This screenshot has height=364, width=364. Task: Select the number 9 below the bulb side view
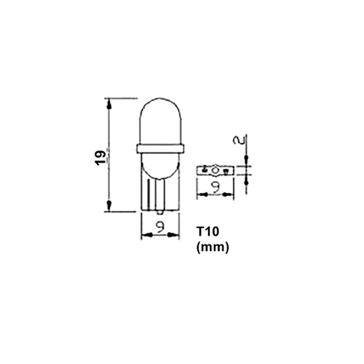[160, 227]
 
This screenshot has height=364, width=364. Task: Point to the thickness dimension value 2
[240, 140]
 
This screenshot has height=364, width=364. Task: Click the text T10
[207, 233]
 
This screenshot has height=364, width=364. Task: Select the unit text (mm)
[209, 247]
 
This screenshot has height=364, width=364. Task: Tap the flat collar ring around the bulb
[161, 147]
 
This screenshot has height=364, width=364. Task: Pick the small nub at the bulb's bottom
[160, 213]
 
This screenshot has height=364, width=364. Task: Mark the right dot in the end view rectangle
[226, 170]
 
